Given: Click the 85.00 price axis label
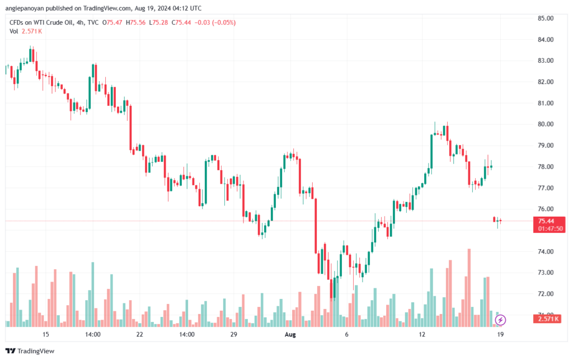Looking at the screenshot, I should [x=546, y=18].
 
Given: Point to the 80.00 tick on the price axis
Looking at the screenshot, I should [x=546, y=124].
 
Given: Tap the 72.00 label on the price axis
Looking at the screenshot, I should [x=546, y=293].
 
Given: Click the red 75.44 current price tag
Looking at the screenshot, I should [x=546, y=221].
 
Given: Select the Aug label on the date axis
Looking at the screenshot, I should [x=290, y=334].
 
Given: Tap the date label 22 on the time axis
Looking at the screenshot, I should [x=139, y=334].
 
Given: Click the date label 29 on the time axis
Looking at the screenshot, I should [x=234, y=334].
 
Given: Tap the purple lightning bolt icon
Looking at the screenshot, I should [x=501, y=320].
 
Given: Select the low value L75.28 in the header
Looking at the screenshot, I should [x=162, y=22].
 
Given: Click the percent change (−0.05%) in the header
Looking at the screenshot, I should [x=223, y=22].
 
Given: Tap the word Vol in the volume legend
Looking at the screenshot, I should [x=14, y=31].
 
